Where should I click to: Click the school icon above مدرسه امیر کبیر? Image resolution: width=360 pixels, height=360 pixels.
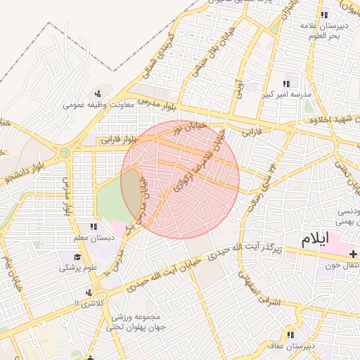pyautogui.click(x=286, y=84)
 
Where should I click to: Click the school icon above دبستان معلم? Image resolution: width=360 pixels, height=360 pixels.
pyautogui.click(x=92, y=226)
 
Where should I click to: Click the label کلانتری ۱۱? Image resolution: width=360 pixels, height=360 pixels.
pyautogui.click(x=86, y=303)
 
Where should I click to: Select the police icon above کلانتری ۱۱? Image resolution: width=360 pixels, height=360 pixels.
pyautogui.click(x=87, y=292)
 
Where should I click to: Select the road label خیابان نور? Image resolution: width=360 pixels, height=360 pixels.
pyautogui.click(x=193, y=128)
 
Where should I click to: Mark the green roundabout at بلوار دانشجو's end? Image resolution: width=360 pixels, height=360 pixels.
pyautogui.click(x=65, y=152)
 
